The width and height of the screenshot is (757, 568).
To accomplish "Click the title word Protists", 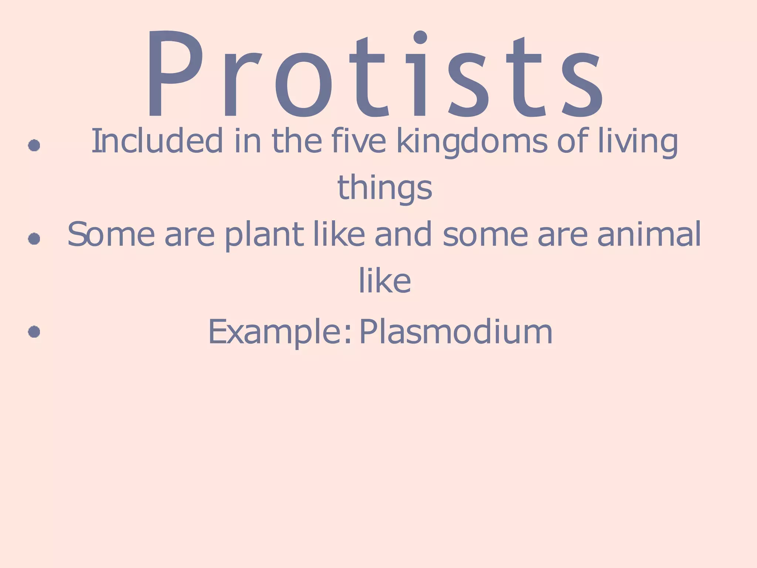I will coord(375,74).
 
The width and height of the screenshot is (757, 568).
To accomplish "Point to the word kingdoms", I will coord(472,141).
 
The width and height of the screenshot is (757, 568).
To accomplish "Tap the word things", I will coord(385,188).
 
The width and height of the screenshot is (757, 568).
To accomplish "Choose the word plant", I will coord(264,234).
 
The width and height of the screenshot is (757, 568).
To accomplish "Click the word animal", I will coord(649,234).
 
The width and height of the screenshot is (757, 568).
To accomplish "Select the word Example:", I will coord(279,332).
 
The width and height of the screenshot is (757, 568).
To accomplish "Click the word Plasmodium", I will coord(456,332).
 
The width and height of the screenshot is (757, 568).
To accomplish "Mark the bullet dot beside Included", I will coord(34,145).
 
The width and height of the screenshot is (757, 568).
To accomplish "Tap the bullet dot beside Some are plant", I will coord(34,239).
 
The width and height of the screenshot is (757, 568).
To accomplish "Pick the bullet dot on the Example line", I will coord(34,332).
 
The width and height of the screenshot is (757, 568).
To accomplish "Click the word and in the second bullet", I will coord(403,234).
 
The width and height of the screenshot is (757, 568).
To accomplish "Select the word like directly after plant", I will coord(339,234).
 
